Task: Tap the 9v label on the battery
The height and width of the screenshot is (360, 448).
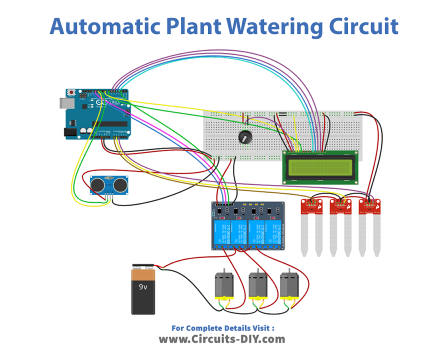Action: point(143,287)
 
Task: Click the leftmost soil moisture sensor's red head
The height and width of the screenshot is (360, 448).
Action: point(312,205)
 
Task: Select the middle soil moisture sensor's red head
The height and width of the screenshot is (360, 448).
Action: point(340,205)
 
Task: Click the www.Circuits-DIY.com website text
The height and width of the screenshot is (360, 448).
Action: point(222,339)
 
